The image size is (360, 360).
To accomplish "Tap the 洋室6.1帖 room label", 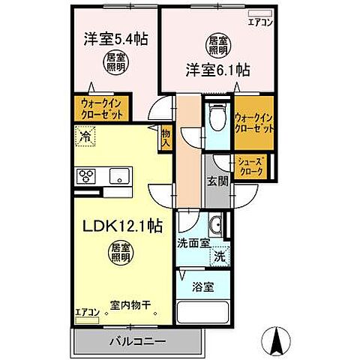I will coord(217,70).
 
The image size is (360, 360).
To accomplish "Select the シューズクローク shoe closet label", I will coord(250,167).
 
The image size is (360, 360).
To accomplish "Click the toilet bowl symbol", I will coord(217,117).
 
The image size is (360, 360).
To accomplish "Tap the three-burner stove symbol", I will coord(85,177).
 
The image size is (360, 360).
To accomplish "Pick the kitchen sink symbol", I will coord(118,177).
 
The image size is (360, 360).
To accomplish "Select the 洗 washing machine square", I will coord(220,256).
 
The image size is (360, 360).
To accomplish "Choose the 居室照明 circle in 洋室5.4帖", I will coord(115,62).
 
